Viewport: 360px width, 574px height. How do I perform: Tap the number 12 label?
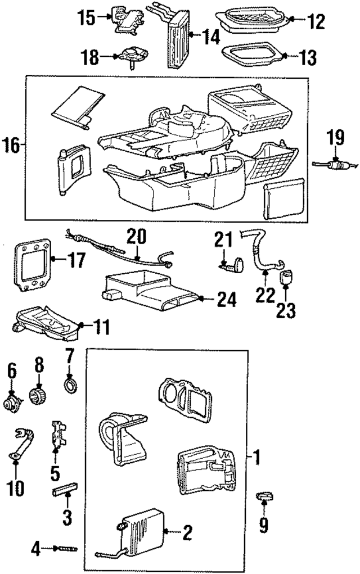(x=316, y=22)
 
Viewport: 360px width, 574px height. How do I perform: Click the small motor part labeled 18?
(x=131, y=57)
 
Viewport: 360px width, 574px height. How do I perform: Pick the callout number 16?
(x=12, y=146)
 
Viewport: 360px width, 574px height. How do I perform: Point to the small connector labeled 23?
(x=286, y=277)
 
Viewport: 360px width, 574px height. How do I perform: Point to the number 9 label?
(x=264, y=525)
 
